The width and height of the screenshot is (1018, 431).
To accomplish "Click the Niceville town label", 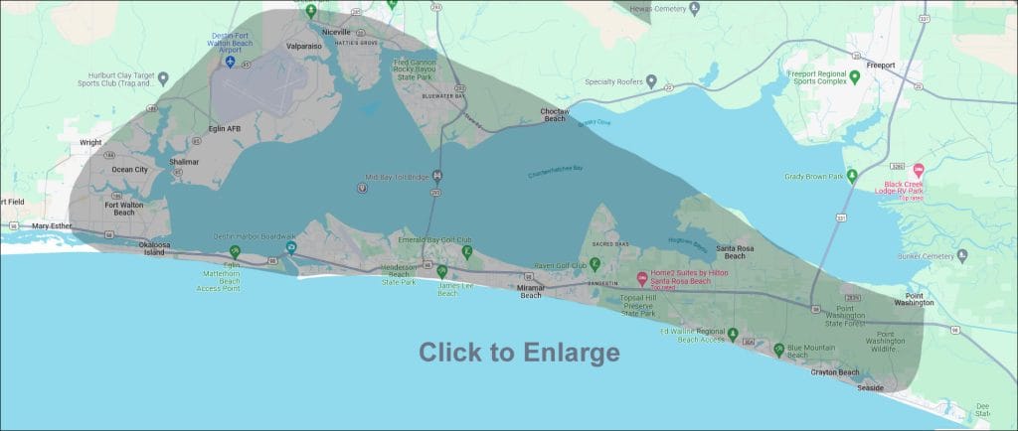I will (x=337, y=32).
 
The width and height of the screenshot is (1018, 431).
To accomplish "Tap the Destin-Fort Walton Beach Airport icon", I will (x=231, y=63).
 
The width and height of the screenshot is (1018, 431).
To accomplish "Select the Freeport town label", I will (x=881, y=66).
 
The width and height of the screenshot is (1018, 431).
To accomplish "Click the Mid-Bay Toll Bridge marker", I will (x=437, y=177).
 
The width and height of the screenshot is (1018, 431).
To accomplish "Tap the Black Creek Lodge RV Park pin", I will (x=918, y=171).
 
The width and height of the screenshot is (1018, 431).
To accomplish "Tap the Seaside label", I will (x=870, y=387).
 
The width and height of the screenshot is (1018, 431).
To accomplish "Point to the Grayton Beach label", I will (x=834, y=372).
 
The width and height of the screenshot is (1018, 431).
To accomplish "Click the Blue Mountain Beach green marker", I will (x=778, y=349).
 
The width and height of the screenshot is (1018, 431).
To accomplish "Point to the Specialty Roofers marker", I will (x=651, y=81).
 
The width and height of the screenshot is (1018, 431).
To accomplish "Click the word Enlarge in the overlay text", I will (x=572, y=353).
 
